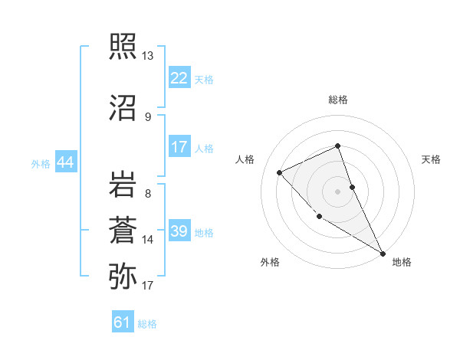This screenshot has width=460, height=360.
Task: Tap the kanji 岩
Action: click(123, 185)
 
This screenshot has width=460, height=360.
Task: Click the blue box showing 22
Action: click(179, 78)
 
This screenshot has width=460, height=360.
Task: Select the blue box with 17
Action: click(179, 147)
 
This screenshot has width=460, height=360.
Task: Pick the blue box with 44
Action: click(65, 162)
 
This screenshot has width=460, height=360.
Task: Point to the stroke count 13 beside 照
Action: click(147, 56)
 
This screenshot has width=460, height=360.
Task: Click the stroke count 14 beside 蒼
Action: click(147, 240)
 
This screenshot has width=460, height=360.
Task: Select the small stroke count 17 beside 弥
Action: click(147, 286)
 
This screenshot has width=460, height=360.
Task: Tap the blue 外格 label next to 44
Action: click(41, 163)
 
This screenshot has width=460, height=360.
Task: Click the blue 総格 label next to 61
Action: click(147, 323)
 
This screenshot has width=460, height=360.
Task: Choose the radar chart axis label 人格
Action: click(245, 159)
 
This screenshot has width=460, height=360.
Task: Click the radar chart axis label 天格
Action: click(431, 159)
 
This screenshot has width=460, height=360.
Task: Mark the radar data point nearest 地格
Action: click(383, 253)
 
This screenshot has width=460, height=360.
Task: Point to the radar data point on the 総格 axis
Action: click(337, 146)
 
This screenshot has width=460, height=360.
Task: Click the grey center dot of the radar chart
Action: click(337, 191)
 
